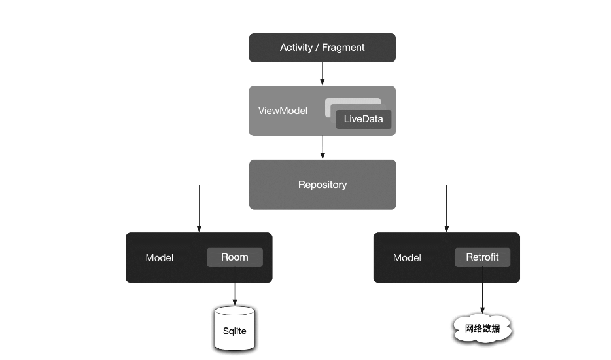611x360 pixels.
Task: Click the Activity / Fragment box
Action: [x=322, y=48]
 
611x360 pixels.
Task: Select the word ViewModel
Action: [x=283, y=111]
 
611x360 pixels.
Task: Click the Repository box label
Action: [x=323, y=185]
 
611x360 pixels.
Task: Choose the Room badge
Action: [x=235, y=257]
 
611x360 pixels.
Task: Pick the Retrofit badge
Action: [x=482, y=257]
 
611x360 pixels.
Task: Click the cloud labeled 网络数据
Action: [x=482, y=329]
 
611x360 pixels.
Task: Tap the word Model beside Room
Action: [x=160, y=258]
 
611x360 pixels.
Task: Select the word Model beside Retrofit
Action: [x=407, y=258]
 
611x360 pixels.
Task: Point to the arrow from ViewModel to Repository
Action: [x=323, y=147]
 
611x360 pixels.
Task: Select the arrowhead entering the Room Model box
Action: [x=199, y=229]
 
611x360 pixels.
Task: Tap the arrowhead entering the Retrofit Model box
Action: [x=446, y=229]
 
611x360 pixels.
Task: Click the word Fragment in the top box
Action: [x=343, y=48]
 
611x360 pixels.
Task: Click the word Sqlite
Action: [x=234, y=331]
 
